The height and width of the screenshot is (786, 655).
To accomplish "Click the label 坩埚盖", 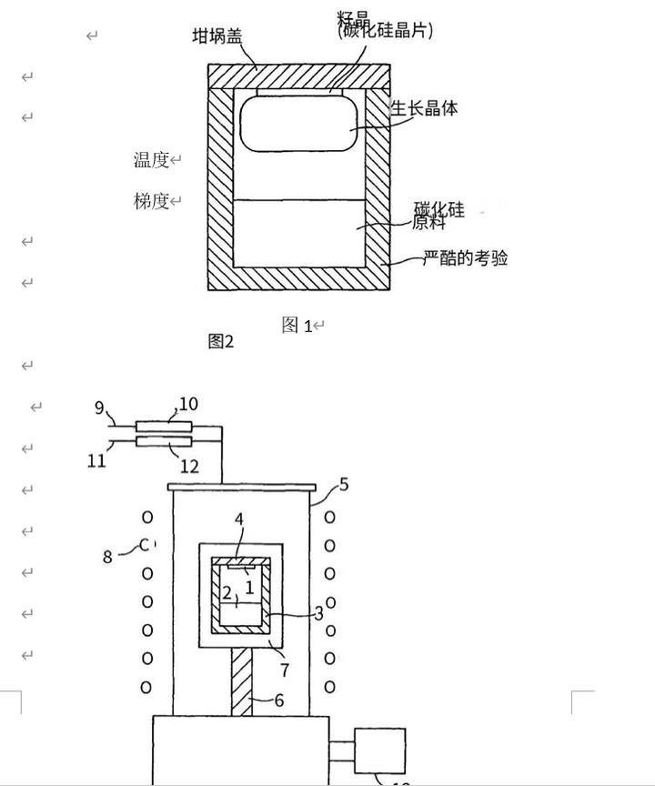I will [217, 36].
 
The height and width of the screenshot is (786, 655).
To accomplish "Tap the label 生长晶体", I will [424, 108].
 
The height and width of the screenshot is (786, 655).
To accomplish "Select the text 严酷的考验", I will [466, 258].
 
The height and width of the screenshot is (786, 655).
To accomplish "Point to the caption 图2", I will [221, 341].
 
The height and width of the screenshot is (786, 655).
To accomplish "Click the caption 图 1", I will [297, 326].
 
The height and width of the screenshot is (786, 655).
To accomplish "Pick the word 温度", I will [152, 160].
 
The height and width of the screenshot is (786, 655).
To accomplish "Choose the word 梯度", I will [152, 201].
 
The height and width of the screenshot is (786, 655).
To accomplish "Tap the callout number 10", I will [188, 403].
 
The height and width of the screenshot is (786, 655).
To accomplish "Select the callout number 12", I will [189, 467].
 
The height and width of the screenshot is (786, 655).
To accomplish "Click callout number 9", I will [99, 408].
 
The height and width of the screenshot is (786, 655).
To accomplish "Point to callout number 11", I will [97, 460].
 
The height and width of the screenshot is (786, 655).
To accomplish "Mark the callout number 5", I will [344, 484].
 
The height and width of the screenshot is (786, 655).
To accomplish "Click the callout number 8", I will [107, 556].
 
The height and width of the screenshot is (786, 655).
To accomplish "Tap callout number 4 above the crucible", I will [239, 519].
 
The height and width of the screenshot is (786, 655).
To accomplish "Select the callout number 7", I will [285, 670].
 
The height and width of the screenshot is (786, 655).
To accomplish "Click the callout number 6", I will [279, 700].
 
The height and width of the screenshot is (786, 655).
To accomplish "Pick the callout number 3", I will [318, 613].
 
